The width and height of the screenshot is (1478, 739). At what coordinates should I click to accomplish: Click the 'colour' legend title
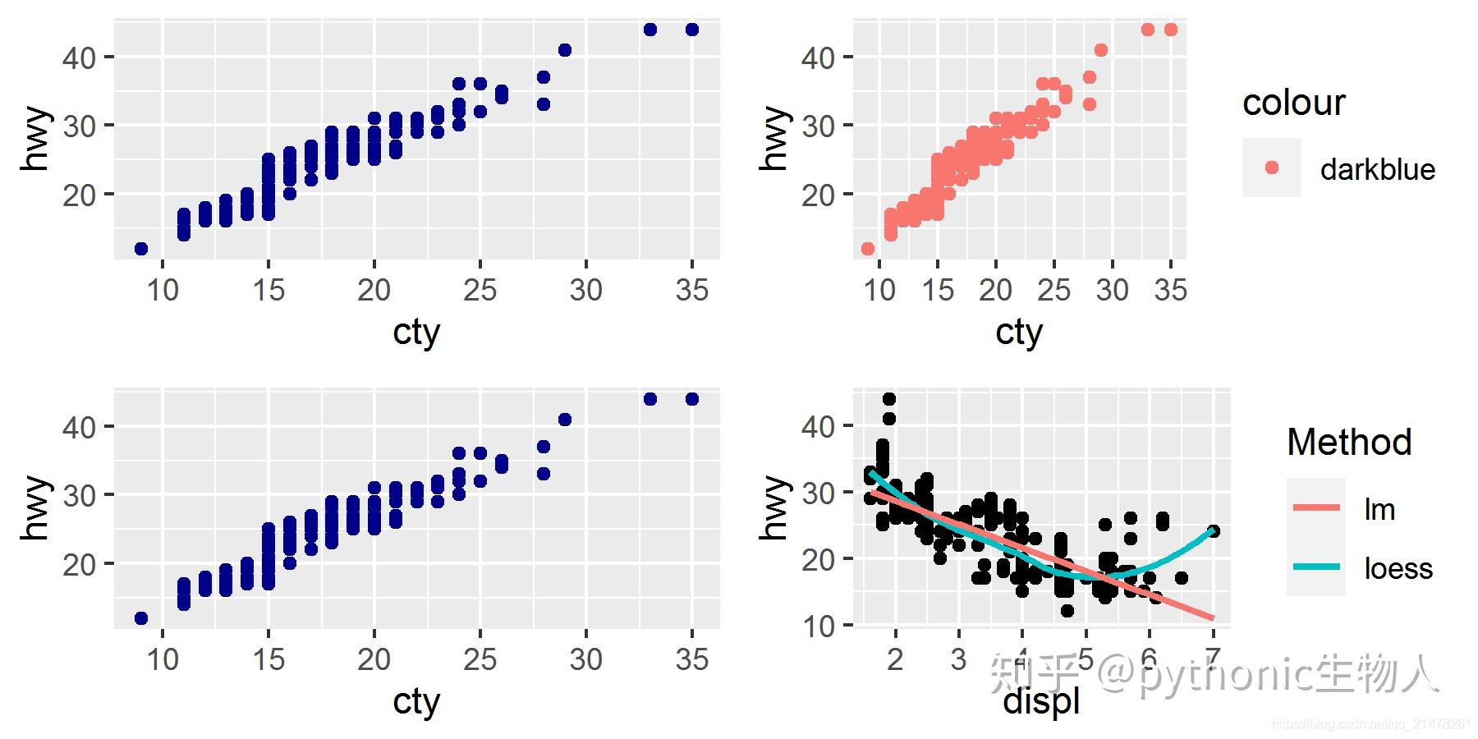click(1293, 103)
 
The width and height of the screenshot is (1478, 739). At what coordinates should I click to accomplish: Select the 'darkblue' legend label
click(1377, 169)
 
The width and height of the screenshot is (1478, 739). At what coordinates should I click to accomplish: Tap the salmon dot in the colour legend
click(1272, 168)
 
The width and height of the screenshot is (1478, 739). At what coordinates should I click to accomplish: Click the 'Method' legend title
click(1349, 442)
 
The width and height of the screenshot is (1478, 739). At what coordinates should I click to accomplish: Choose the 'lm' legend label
click(1379, 509)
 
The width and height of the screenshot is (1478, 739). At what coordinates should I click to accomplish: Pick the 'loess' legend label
click(1398, 568)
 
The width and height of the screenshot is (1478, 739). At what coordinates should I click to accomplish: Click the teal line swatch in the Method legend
click(1316, 567)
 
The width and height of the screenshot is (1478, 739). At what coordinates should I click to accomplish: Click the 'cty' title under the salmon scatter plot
click(1019, 333)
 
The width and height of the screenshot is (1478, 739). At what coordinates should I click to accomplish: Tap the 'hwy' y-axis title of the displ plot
click(773, 507)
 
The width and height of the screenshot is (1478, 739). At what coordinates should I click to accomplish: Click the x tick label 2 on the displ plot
click(895, 659)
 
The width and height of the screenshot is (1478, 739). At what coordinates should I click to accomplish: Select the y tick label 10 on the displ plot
click(819, 626)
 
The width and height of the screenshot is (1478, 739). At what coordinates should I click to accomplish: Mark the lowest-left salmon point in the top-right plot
click(868, 249)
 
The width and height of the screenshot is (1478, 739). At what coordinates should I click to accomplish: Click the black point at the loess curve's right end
click(1213, 531)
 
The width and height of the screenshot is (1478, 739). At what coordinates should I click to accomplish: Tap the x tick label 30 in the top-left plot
click(585, 289)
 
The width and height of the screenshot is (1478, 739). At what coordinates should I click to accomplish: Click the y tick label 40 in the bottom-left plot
click(79, 426)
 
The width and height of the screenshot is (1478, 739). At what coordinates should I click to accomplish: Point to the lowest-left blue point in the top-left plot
click(141, 249)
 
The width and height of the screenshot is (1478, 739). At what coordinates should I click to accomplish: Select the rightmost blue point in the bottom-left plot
click(692, 399)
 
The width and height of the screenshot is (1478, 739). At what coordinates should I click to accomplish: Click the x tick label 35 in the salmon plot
click(1170, 289)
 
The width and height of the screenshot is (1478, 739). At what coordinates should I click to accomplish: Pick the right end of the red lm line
click(1212, 617)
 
